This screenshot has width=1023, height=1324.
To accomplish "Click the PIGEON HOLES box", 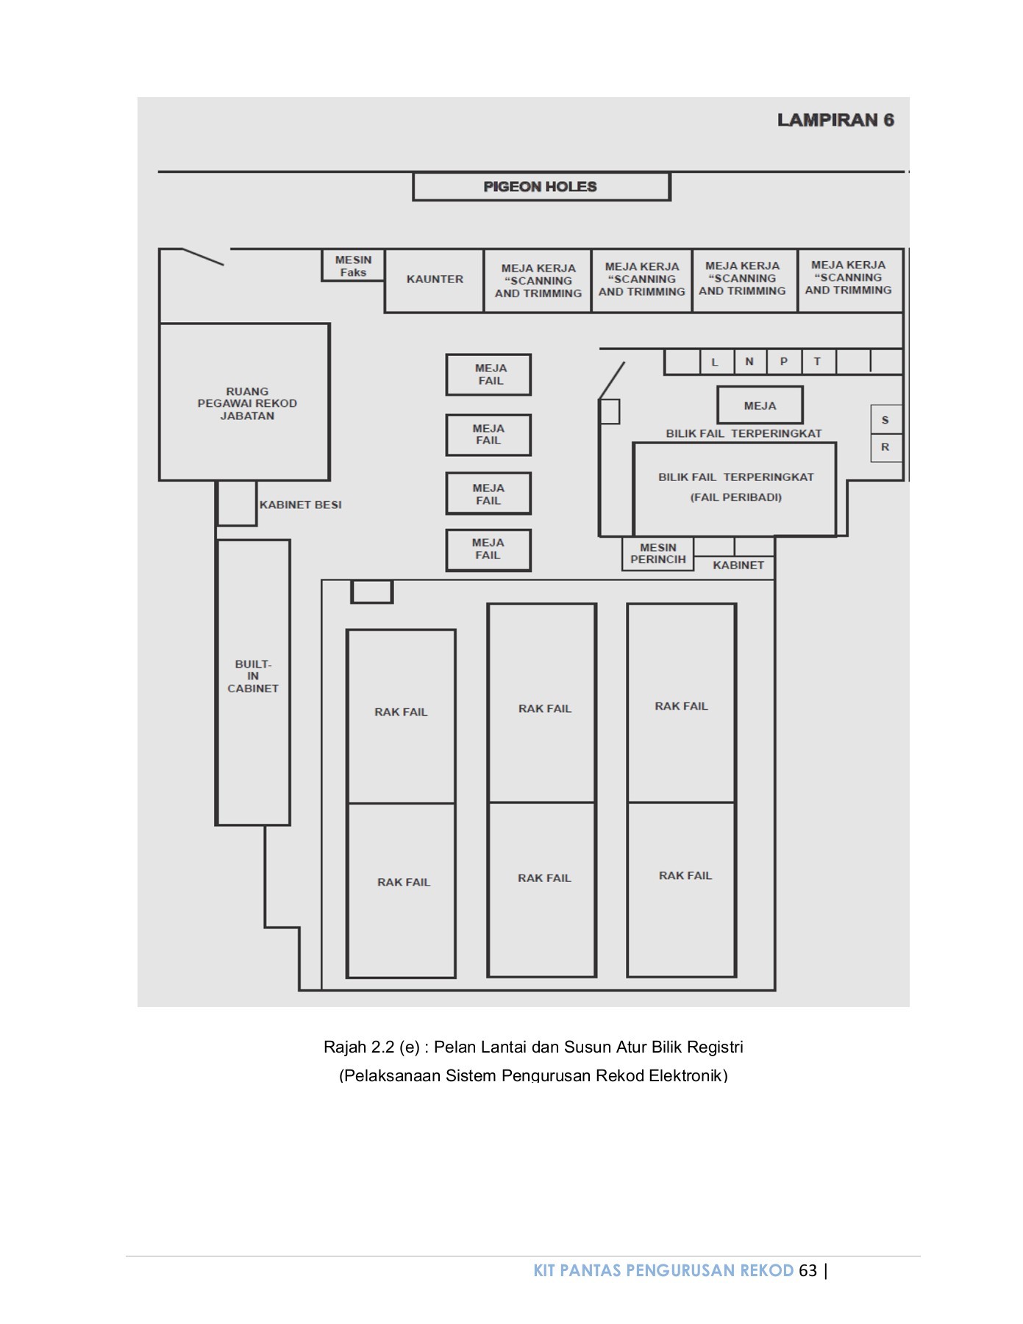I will click(x=541, y=187).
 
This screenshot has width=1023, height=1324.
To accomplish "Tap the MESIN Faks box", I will click(x=353, y=266).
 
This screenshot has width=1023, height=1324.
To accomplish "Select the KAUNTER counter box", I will click(x=435, y=280).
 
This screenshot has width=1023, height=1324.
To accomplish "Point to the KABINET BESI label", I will click(x=300, y=505).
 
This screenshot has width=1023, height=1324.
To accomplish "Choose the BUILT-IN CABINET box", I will click(x=253, y=677).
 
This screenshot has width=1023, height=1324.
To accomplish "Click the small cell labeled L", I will click(x=715, y=362).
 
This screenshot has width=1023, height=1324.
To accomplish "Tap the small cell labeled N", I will click(x=749, y=361).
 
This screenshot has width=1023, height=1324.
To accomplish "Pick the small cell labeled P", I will click(x=784, y=361).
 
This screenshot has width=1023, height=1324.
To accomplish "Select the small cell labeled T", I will click(x=817, y=361).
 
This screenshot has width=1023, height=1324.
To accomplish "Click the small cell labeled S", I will click(x=885, y=420).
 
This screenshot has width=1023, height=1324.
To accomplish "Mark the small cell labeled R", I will click(x=885, y=447).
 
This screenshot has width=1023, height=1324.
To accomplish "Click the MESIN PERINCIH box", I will click(x=657, y=554).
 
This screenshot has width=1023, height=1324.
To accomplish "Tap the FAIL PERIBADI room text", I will click(x=735, y=497).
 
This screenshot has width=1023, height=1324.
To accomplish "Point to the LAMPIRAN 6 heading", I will click(x=835, y=120).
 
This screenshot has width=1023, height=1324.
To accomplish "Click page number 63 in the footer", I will click(x=808, y=1270).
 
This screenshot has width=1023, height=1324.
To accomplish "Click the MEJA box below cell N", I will click(x=760, y=405).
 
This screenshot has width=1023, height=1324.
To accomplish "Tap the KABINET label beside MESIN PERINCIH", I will click(x=738, y=565).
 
